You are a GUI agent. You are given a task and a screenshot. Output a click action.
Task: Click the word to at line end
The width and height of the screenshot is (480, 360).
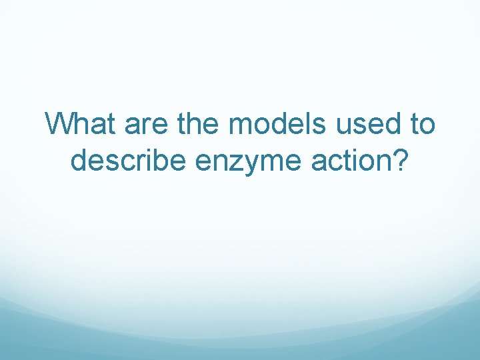point(421,124)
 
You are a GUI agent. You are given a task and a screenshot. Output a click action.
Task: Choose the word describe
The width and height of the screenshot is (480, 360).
point(129,161)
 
